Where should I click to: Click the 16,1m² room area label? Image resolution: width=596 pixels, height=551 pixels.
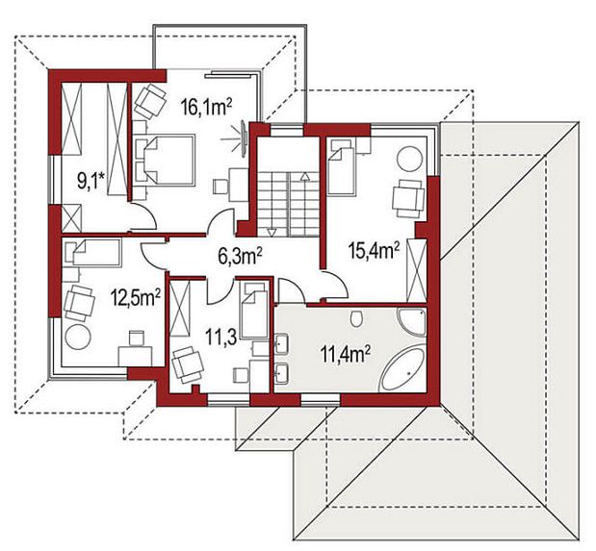[207, 107]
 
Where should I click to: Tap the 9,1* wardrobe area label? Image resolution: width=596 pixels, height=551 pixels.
[91, 180]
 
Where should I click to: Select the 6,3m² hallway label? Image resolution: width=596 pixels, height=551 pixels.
[240, 256]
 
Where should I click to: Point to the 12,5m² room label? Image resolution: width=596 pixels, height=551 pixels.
[135, 297]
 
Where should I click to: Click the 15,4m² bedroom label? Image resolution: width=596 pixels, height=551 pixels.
[375, 251]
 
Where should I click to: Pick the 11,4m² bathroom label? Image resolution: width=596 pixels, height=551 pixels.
[346, 354]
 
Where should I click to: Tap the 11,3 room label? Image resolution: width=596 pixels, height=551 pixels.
[221, 337]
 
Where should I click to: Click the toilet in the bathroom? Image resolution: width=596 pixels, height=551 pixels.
[356, 317]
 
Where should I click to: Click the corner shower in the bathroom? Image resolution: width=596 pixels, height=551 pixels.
[412, 321]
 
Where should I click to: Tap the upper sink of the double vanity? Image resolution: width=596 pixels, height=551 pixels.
[281, 343]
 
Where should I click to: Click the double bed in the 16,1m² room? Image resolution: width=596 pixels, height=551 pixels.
[165, 160]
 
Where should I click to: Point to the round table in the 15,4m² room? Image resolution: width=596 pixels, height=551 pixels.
[410, 160]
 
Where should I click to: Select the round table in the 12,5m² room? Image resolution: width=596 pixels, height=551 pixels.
[78, 337]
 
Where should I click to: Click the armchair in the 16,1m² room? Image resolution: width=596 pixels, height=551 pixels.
[150, 101]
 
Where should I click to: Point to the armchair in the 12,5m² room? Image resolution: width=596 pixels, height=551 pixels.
[79, 303]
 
